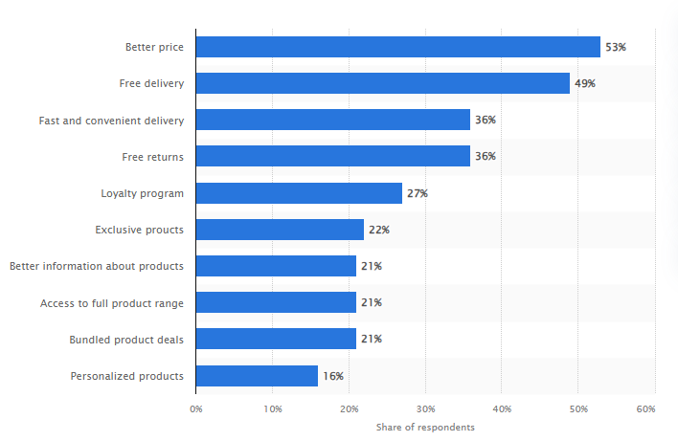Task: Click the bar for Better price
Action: (397, 47)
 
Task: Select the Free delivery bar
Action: (382, 83)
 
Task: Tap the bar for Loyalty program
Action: (299, 193)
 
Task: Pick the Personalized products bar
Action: (257, 376)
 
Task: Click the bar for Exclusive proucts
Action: (280, 230)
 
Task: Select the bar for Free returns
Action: (332, 156)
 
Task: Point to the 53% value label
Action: (615, 47)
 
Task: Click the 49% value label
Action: (584, 83)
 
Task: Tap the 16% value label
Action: (332, 376)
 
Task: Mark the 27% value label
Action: (417, 193)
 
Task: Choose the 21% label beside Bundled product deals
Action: (371, 340)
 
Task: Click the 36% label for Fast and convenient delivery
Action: (485, 120)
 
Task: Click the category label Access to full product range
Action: (111, 303)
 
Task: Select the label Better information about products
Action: (96, 266)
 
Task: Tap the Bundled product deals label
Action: (126, 340)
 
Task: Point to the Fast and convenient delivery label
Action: (111, 120)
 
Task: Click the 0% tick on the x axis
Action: (195, 408)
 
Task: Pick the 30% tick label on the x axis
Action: (425, 408)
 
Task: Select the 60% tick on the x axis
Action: (645, 408)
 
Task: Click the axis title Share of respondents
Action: (424, 427)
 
